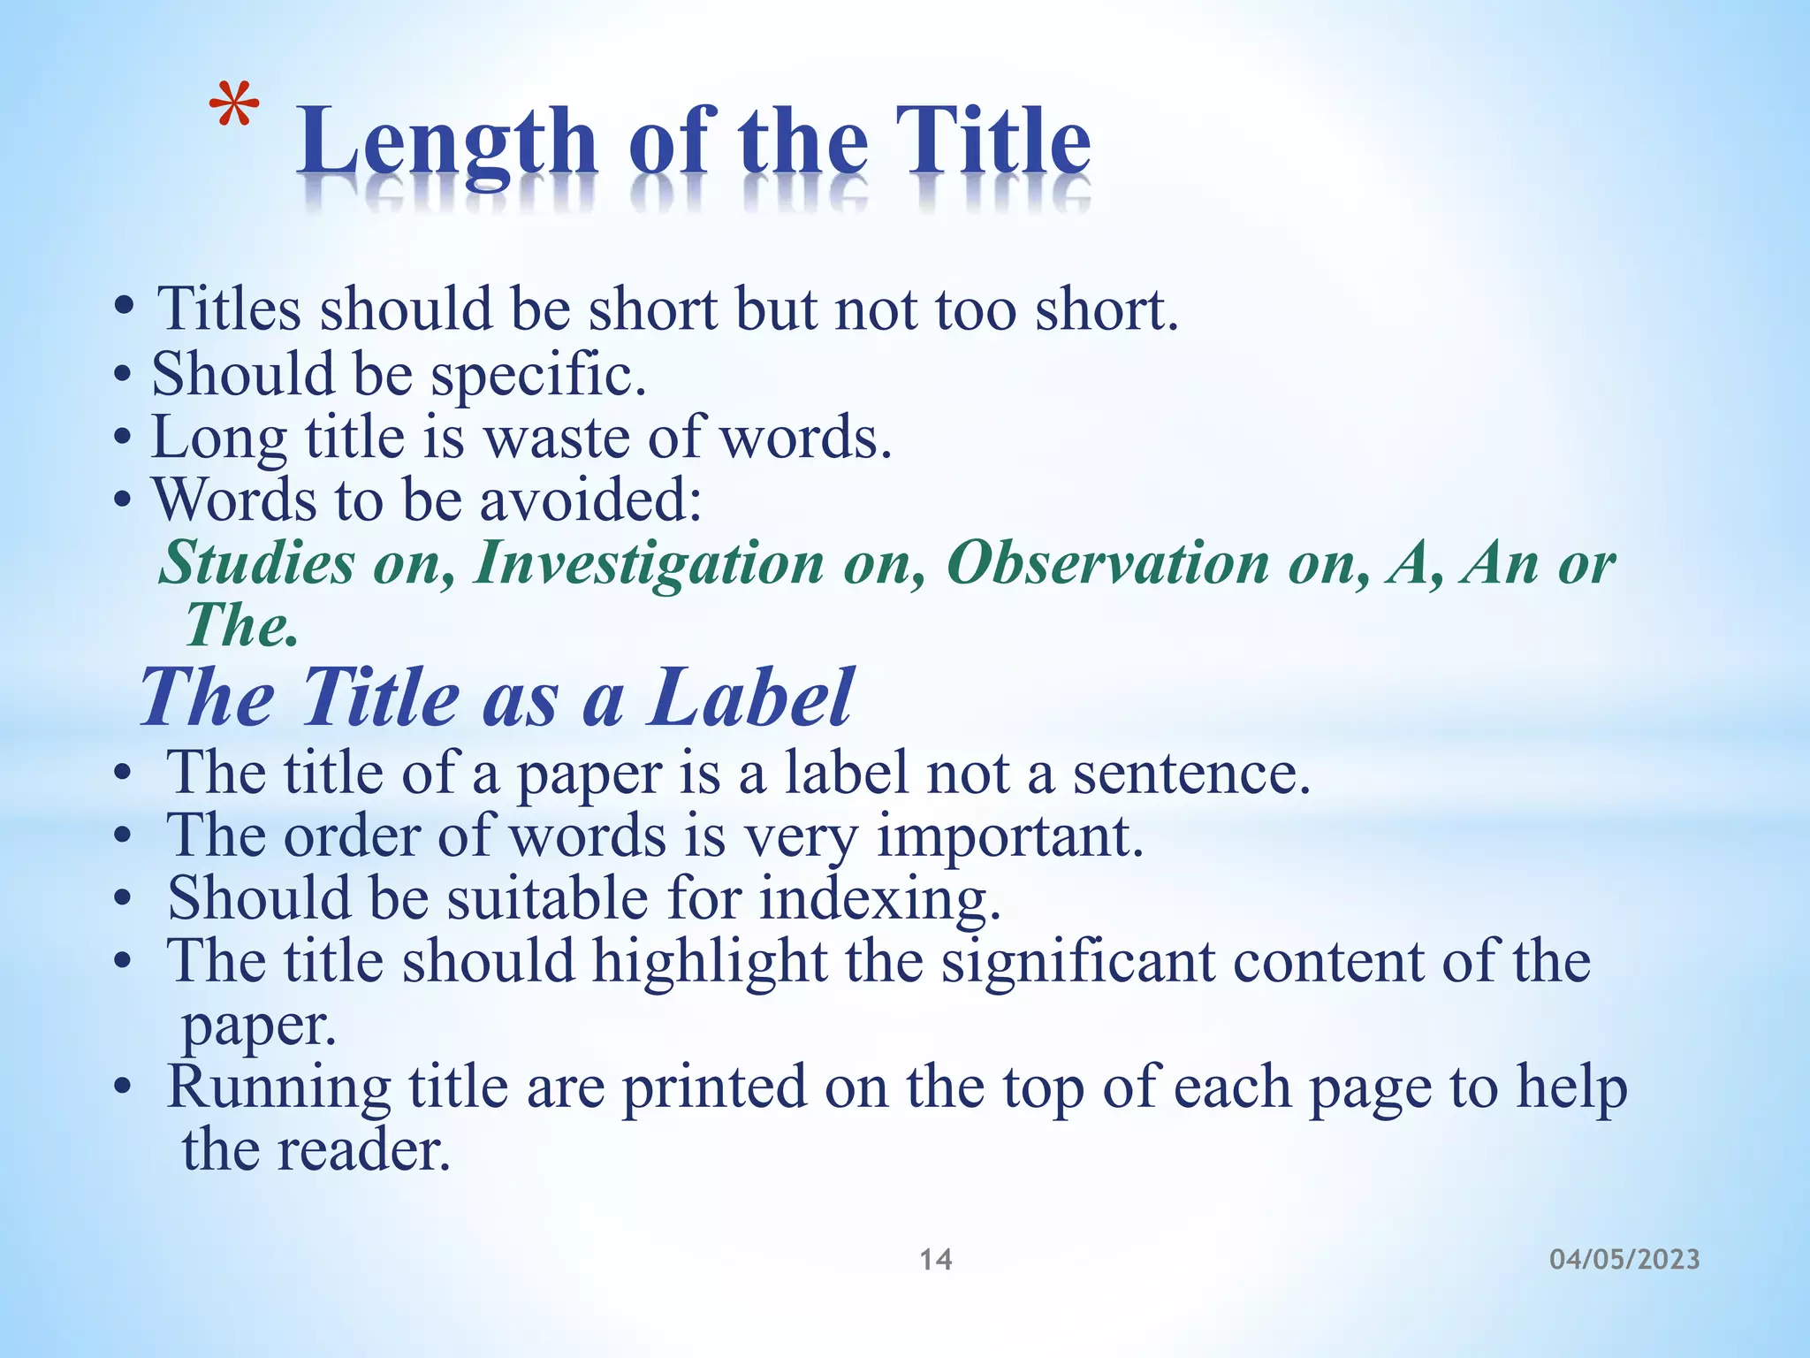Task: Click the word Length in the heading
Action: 446,141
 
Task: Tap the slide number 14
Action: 936,1259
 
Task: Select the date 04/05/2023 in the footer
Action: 1624,1259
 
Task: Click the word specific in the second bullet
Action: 538,376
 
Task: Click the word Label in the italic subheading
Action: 751,698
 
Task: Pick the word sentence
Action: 1191,774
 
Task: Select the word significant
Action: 1078,962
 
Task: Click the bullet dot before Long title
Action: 123,439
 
